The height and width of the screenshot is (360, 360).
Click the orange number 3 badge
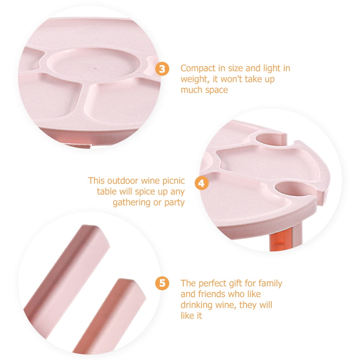tap(162, 69)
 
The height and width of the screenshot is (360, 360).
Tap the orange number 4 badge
tap(201, 183)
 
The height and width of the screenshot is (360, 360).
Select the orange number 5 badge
tap(162, 283)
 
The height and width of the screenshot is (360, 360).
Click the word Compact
tap(198, 69)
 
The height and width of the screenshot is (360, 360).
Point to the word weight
tap(195, 79)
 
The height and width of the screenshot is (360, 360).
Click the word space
tap(217, 90)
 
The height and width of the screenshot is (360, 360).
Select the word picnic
tap(174, 181)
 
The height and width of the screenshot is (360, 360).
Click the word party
tap(175, 203)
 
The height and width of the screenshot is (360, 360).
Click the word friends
tap(229, 294)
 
